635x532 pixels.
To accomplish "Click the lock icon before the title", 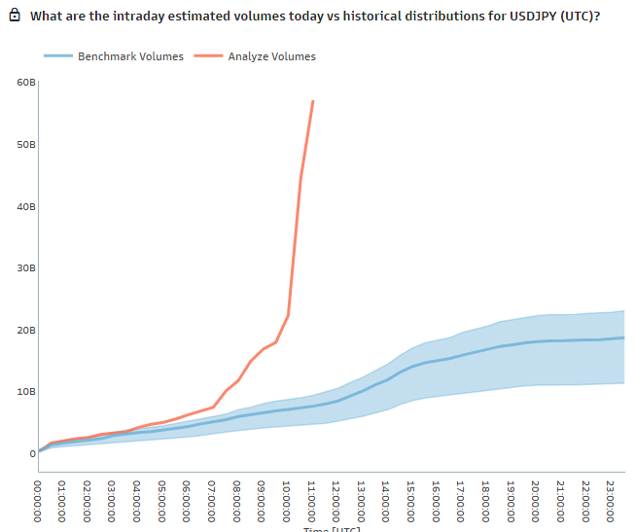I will pos(15,17).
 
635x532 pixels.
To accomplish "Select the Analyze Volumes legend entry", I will pos(272,56).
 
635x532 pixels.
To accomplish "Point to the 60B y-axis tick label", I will pos(26,82).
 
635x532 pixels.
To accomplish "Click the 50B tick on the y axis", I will pos(26,144).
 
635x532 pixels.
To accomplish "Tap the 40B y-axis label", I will pos(26,206).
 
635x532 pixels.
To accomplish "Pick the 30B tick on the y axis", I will pos(26,267).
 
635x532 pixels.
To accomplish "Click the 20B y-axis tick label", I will pos(26,330).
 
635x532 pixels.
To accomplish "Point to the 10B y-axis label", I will pos(26,391).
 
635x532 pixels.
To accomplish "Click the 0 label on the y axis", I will pos(32,453).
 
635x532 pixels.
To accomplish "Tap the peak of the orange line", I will pos(312,101).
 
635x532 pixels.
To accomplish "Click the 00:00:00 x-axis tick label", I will pos(38,500).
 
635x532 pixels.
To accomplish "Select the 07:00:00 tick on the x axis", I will pos(212,500).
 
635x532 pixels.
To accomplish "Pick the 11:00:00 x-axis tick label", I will pos(311,500).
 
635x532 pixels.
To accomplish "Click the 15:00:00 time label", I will pos(411,500).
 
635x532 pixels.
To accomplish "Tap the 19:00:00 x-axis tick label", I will pos(511,500).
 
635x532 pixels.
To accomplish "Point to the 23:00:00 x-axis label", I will pos(610,500).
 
